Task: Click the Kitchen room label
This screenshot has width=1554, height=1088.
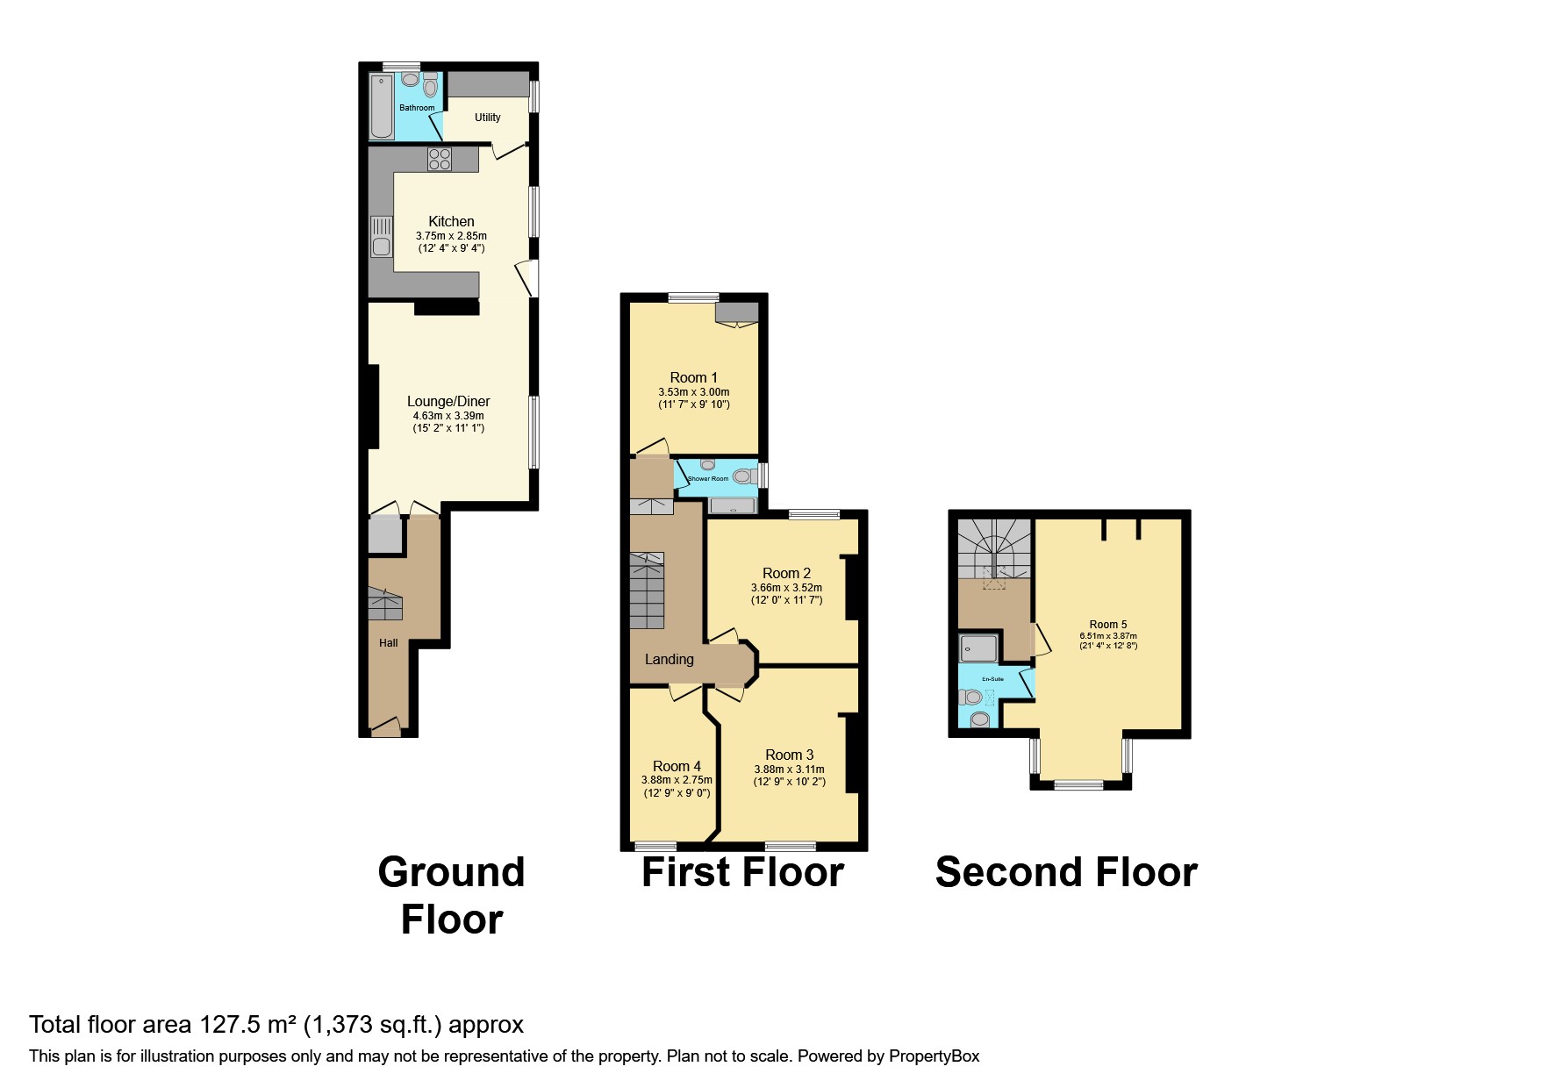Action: [451, 221]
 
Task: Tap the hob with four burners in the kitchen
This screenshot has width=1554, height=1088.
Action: [440, 160]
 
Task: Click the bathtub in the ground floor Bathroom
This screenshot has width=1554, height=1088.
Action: [382, 108]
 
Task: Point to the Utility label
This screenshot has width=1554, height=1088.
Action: [487, 118]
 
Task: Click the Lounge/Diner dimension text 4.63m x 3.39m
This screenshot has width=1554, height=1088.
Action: [448, 416]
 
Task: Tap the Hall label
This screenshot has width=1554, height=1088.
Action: [388, 643]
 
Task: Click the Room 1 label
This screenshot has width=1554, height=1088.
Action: [693, 377]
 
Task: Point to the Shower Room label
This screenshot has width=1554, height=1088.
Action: [708, 479]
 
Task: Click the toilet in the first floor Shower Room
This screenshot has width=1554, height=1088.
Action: [743, 476]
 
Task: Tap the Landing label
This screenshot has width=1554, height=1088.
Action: [669, 659]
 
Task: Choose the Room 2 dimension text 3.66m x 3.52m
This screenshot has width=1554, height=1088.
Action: [786, 588]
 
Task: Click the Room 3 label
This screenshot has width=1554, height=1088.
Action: [789, 755]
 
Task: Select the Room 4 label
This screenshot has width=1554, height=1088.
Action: [677, 766]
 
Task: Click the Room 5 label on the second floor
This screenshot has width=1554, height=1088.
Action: [1108, 625]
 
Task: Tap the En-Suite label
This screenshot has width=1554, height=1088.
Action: [992, 679]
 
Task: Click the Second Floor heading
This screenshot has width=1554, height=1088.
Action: [1066, 872]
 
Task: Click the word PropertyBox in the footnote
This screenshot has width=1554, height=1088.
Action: [934, 1056]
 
